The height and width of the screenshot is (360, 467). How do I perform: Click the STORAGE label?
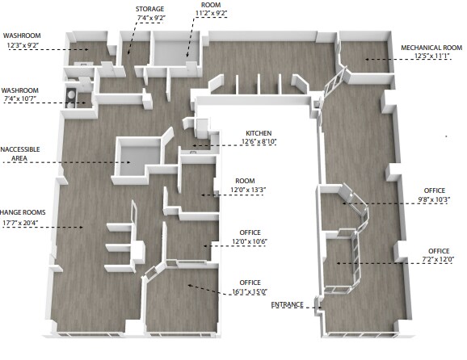[150, 8]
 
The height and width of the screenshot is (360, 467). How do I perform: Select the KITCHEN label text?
[259, 132]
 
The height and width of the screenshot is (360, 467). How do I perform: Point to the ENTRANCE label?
[288, 304]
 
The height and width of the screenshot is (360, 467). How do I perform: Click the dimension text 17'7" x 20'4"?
[23, 222]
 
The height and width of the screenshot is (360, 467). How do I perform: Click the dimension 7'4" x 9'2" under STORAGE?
[150, 18]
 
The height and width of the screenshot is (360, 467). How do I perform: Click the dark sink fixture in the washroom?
[72, 98]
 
